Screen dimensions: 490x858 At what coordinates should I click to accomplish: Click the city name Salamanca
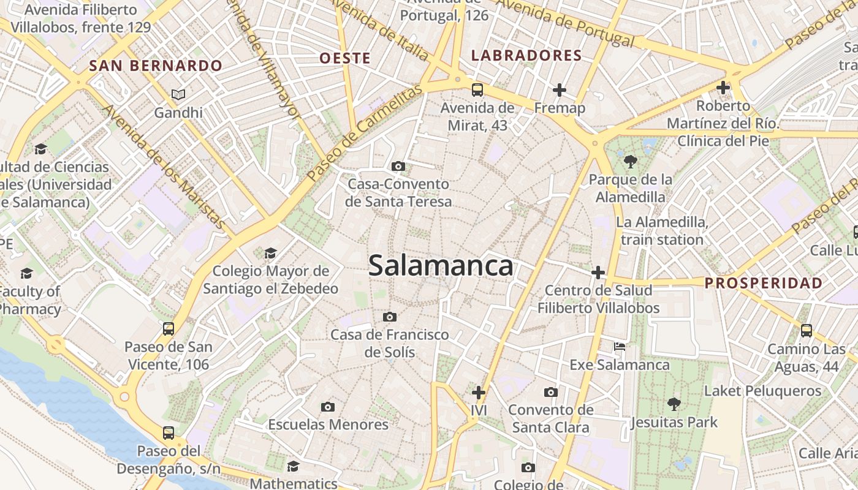pos(441,266)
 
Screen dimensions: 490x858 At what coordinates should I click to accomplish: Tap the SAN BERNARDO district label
pos(156,66)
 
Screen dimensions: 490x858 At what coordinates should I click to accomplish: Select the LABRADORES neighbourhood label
pos(526,56)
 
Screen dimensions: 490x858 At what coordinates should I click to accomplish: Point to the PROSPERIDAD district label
pos(763,283)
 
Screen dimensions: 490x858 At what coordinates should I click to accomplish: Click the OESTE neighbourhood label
pos(345,58)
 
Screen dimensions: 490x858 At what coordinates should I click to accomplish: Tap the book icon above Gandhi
pos(178,94)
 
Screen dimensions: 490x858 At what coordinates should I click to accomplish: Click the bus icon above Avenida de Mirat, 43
pos(477,90)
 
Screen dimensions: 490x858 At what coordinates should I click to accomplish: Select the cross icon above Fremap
pos(560,90)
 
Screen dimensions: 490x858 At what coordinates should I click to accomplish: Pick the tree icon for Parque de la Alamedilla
pos(630,162)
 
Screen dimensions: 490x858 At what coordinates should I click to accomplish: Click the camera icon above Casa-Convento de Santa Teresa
pos(398,166)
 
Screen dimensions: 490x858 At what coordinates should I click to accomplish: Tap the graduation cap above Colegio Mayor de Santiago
pos(270,253)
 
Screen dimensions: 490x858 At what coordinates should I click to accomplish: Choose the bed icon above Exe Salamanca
pos(620,347)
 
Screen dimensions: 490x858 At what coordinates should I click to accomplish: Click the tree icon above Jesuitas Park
pos(674,404)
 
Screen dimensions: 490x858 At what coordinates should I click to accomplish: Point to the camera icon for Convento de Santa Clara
pos(551,392)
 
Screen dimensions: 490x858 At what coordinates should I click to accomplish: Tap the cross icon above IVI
pos(479,392)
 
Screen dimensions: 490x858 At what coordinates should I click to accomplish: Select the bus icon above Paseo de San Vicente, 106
pos(169,329)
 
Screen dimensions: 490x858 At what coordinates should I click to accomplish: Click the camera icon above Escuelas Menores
pos(328,407)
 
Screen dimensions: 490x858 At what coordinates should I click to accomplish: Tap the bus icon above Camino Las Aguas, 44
pos(807,331)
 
